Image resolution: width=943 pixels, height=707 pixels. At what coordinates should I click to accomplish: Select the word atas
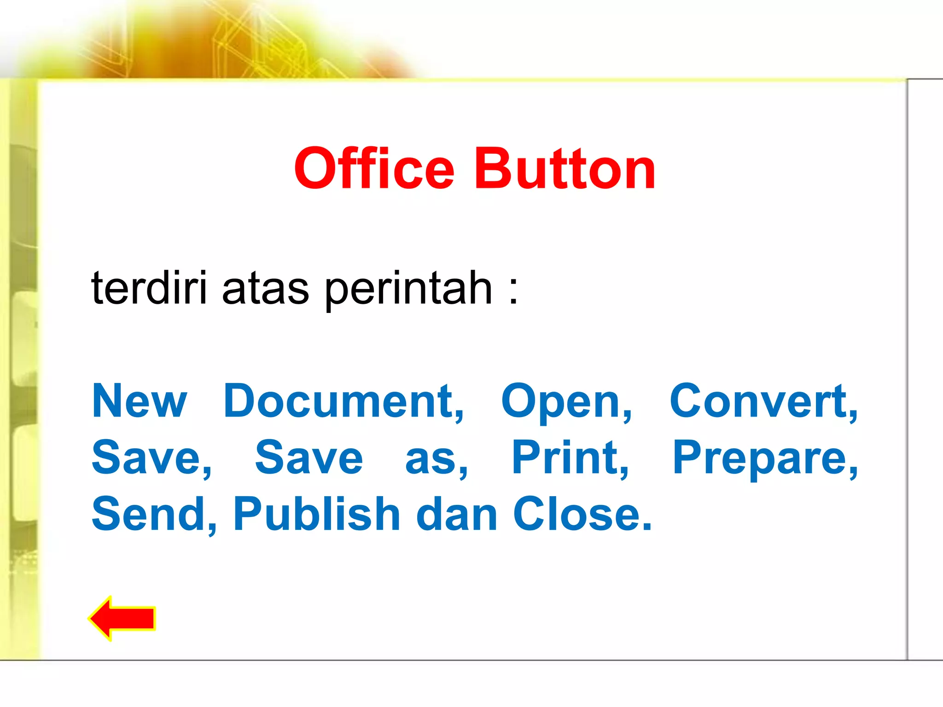[265, 289]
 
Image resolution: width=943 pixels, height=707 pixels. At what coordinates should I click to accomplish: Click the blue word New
[139, 401]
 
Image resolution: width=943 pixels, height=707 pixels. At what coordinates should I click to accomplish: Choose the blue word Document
[343, 401]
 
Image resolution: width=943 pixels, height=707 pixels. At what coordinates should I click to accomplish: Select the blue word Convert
[763, 401]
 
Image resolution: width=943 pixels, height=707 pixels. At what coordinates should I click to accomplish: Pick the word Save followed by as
[309, 458]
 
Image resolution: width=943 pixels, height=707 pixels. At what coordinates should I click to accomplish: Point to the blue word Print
[570, 458]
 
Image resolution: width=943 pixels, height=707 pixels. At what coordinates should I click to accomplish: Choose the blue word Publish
[316, 514]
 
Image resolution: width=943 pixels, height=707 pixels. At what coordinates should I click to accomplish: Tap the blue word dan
[456, 514]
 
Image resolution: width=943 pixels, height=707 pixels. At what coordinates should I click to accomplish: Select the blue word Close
[582, 514]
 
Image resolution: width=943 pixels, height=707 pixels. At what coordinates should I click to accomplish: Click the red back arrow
[122, 618]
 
